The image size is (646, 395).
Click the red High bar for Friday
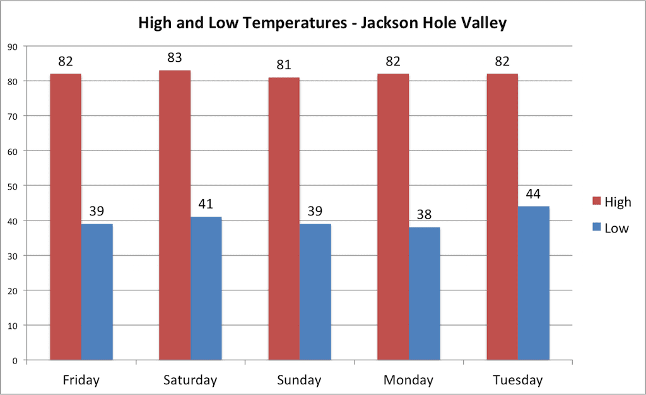click(x=66, y=217)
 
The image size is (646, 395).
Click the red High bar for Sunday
click(x=284, y=219)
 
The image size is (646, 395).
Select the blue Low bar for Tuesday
click(x=534, y=283)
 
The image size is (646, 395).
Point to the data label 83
click(x=175, y=58)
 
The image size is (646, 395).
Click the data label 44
click(x=534, y=193)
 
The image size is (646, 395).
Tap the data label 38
click(x=425, y=215)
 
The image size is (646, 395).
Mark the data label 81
click(x=284, y=65)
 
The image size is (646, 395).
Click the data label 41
click(x=206, y=204)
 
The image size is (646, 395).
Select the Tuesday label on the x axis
click(x=517, y=380)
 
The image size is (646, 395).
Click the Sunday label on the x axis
click(x=299, y=380)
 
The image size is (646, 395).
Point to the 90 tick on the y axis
click(x=13, y=46)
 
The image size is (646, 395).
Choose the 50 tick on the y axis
click(x=13, y=186)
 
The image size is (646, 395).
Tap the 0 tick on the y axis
click(x=15, y=360)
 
